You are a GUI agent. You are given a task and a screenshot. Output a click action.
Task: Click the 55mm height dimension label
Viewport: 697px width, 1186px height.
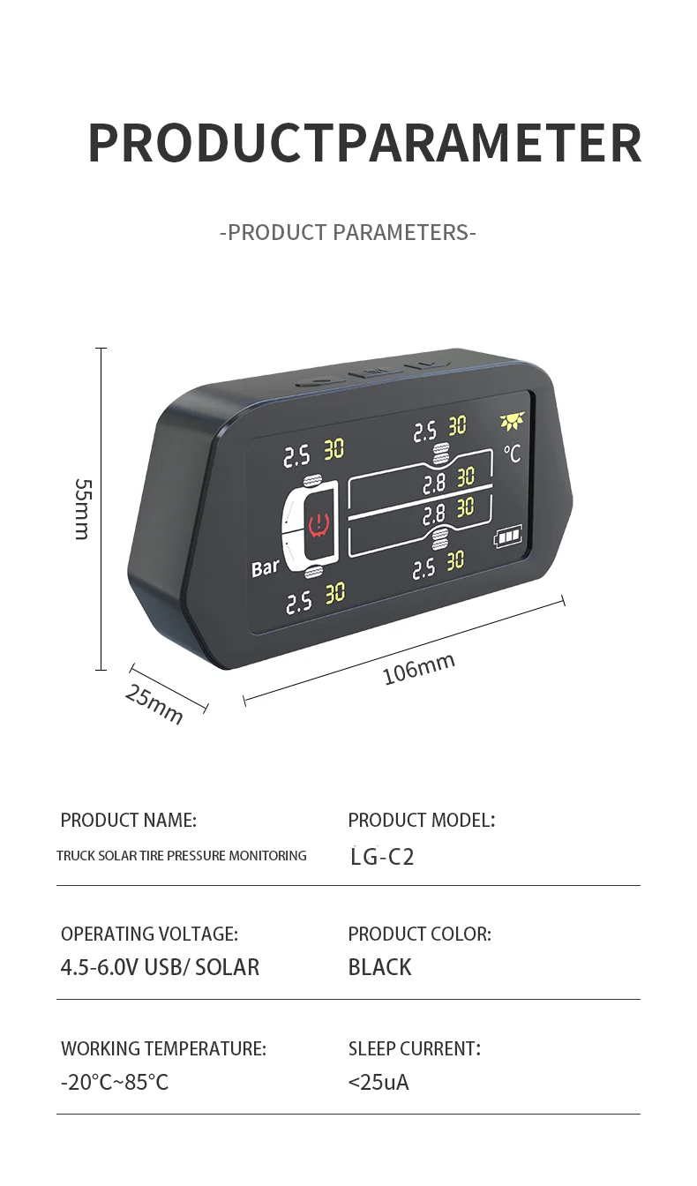tap(82, 508)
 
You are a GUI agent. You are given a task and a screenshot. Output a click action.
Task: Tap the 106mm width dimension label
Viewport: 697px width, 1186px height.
tap(418, 668)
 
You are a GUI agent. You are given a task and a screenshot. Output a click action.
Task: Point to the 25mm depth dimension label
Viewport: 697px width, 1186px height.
tap(154, 704)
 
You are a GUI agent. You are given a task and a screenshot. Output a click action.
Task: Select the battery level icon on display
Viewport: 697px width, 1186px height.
tap(508, 537)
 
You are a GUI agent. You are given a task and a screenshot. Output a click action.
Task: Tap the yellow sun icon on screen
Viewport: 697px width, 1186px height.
tap(512, 422)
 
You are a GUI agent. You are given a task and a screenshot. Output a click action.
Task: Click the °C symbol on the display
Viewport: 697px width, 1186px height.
tap(512, 454)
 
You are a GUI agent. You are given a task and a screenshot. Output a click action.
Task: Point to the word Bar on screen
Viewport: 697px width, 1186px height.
tap(265, 568)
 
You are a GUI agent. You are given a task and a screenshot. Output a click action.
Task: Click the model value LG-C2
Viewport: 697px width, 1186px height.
tap(382, 856)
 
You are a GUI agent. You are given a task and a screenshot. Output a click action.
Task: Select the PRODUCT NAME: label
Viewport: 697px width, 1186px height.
tap(129, 820)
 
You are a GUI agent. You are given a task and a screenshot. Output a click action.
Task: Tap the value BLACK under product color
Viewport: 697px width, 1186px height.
tap(380, 967)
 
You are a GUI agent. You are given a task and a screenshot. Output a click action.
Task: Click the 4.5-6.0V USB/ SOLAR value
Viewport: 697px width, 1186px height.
tap(160, 967)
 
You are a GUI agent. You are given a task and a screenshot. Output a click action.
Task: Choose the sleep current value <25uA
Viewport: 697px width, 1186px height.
tap(378, 1082)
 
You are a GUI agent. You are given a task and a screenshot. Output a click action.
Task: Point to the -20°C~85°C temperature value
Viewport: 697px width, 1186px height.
tap(115, 1082)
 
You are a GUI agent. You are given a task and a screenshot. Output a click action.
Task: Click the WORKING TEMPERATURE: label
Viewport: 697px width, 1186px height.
tap(163, 1048)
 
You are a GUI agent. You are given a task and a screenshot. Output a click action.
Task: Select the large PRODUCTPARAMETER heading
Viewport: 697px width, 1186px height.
tap(364, 143)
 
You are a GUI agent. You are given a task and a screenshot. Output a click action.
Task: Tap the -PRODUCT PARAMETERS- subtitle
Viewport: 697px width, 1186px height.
tap(348, 233)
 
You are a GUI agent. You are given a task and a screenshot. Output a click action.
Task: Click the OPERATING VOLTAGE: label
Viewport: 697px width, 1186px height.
tap(149, 934)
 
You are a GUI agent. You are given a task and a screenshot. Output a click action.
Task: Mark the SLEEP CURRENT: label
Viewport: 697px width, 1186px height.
tap(414, 1048)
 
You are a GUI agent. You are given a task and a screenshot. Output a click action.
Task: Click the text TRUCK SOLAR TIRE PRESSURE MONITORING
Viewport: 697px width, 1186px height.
tap(182, 855)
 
